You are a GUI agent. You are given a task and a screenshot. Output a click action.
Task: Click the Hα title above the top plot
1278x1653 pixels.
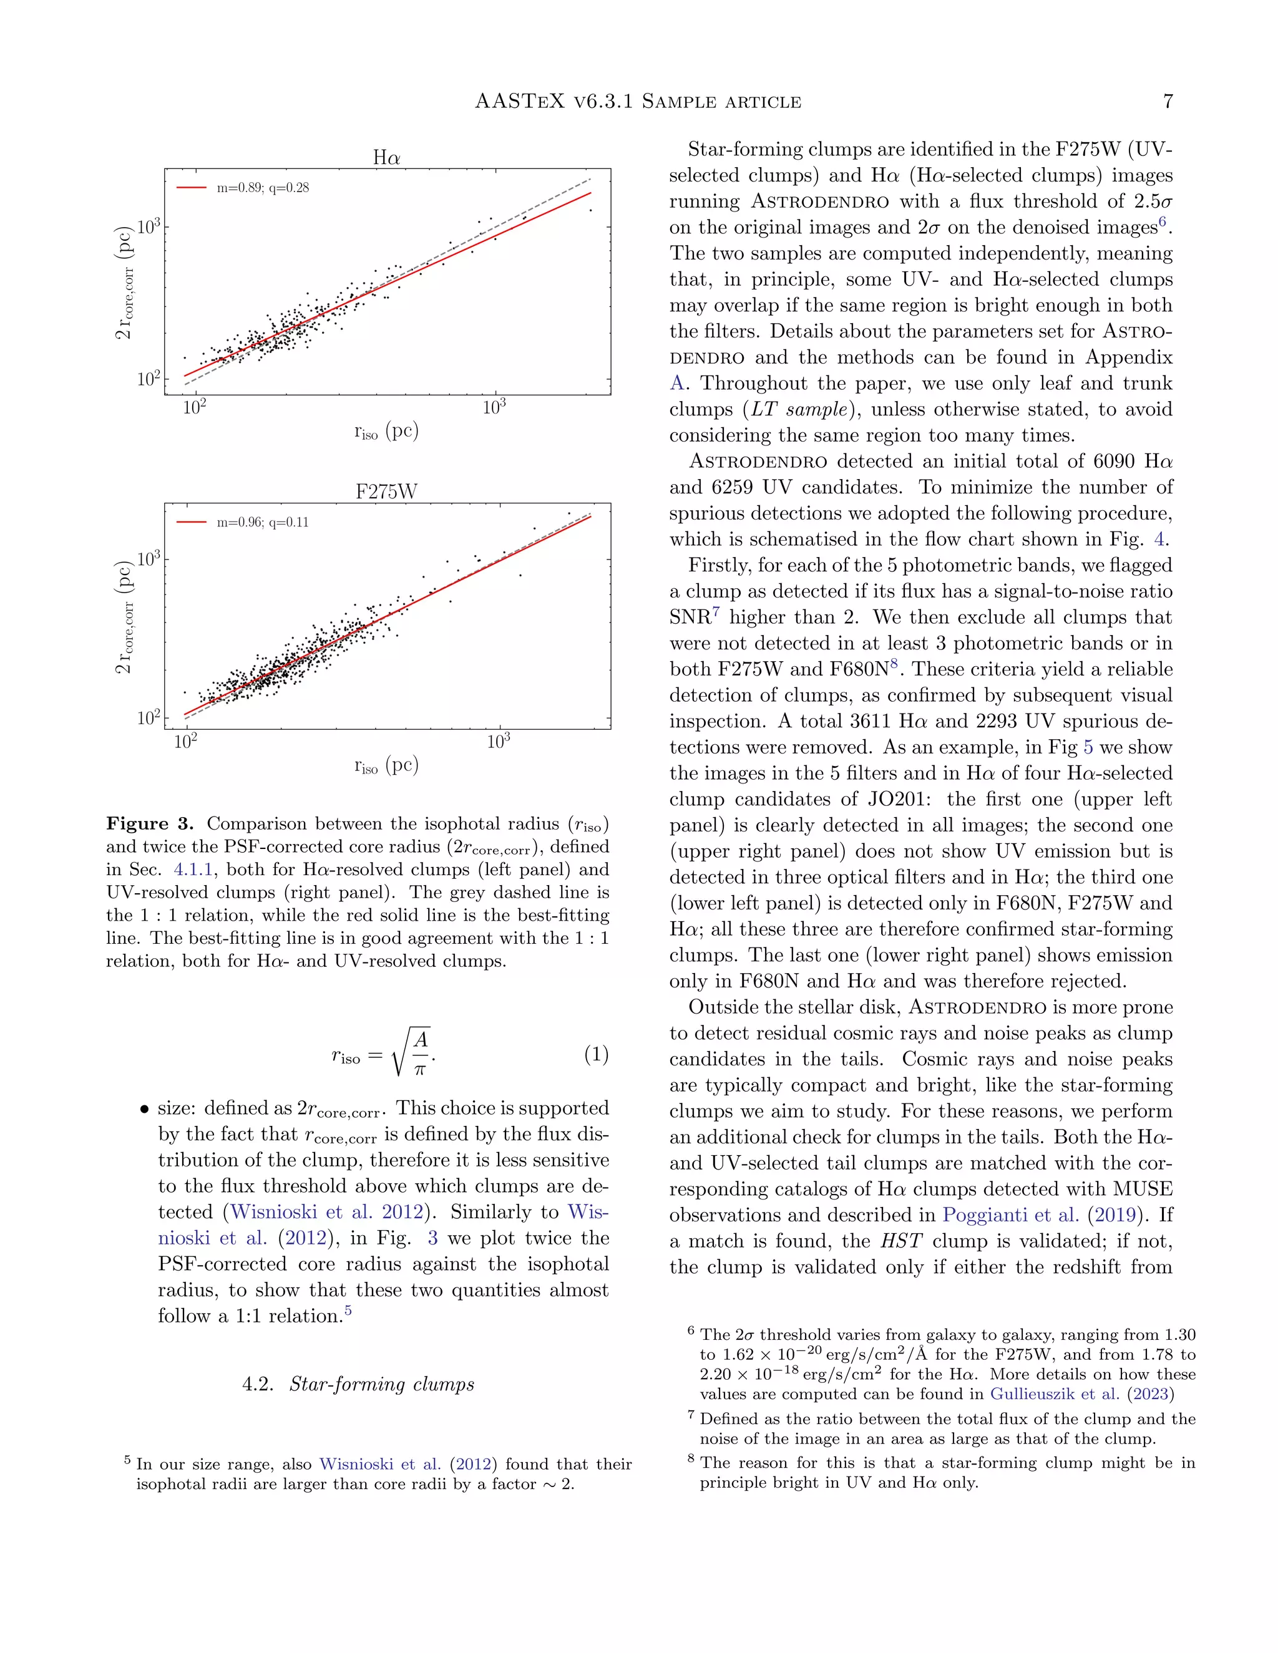click(386, 157)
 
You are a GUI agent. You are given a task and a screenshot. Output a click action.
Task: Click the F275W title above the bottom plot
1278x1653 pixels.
click(386, 492)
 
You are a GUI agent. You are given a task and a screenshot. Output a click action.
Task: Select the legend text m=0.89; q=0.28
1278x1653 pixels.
click(263, 188)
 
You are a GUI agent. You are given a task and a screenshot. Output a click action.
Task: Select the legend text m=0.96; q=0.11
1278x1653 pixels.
click(263, 522)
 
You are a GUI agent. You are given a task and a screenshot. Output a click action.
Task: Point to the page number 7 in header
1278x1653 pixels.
click(1168, 102)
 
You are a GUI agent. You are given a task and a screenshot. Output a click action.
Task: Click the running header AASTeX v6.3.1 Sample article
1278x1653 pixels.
click(638, 102)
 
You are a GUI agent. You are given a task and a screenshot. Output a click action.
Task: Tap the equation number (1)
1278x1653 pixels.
click(596, 1054)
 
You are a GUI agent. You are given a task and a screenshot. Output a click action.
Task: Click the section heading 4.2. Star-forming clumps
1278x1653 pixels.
click(358, 1384)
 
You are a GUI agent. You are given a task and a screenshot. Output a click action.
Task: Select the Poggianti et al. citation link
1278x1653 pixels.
click(1010, 1214)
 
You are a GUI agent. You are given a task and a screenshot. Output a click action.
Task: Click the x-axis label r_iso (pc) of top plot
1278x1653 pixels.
click(386, 432)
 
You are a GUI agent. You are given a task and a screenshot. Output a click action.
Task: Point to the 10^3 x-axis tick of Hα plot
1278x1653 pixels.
click(494, 408)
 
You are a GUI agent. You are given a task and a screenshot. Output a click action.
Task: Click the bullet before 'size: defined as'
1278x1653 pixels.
click(143, 1110)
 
